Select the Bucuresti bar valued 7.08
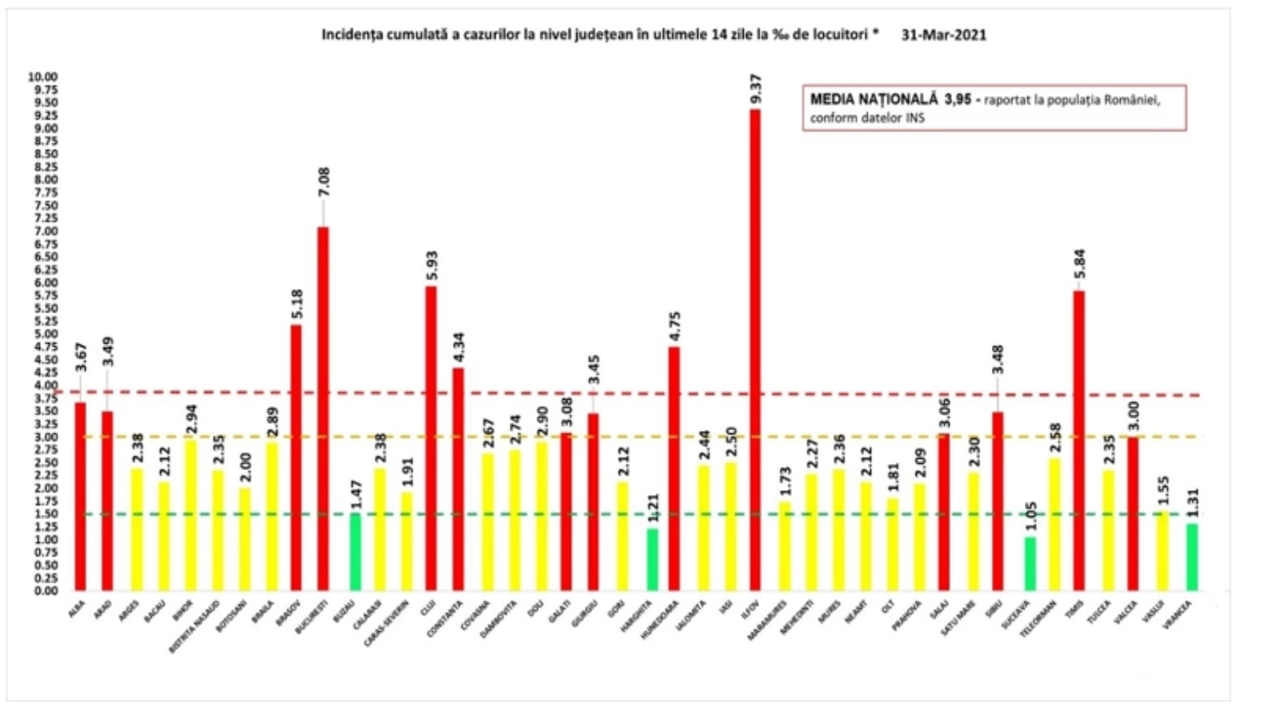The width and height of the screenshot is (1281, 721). tap(323, 409)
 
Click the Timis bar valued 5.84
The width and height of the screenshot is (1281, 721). tap(1079, 441)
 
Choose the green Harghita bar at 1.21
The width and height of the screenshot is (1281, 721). tap(653, 559)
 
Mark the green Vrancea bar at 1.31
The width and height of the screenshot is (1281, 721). tap(1192, 557)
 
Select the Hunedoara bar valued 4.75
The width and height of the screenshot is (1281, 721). tap(674, 469)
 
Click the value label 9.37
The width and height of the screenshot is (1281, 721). tap(755, 88)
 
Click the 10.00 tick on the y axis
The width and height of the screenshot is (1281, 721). tap(43, 77)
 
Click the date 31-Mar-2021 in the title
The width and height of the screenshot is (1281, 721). tap(943, 35)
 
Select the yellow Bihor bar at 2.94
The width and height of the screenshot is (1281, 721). tap(189, 514)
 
